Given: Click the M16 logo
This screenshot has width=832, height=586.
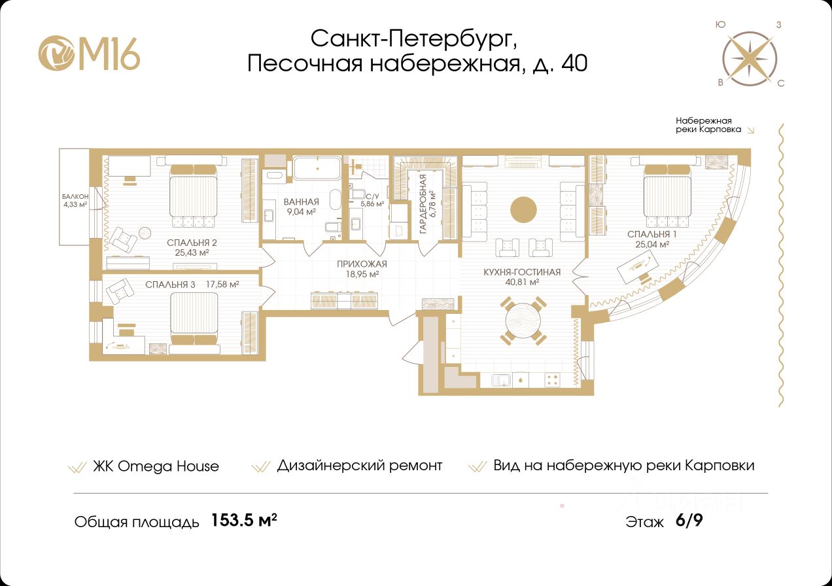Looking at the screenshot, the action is tap(89, 53).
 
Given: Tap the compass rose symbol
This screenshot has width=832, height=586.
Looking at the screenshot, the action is tap(750, 58).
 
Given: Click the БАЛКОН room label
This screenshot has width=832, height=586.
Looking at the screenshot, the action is tap(75, 196).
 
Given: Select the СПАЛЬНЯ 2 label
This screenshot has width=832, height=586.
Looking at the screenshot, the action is tap(192, 243).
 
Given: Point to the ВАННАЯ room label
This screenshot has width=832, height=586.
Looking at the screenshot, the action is tap(302, 202).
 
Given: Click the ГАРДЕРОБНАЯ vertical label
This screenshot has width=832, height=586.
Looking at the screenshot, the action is tap(423, 204).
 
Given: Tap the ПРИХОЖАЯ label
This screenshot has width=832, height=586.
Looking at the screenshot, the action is tap(362, 264).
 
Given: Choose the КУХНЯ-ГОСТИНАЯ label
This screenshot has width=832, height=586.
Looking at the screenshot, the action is tap(522, 272).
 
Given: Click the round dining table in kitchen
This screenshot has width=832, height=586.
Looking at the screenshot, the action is tap(523, 321).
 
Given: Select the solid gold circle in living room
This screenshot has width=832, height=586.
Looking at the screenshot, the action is tap(523, 210).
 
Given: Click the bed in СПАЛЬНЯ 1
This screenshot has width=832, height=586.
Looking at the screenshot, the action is tap(667, 196).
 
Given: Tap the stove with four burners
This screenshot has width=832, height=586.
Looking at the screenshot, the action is tap(552, 379).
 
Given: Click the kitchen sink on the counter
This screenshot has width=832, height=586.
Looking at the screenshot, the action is tap(501, 380).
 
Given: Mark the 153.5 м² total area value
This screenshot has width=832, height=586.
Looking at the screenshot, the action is tap(244, 520).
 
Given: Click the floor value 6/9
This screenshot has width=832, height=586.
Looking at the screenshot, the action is tap(689, 521).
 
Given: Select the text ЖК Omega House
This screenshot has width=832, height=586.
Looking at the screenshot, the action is tap(156, 466).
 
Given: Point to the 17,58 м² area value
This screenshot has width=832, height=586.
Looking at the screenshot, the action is tap(222, 284).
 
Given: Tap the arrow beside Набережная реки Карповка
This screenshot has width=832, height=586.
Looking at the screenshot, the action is tap(751, 130).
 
